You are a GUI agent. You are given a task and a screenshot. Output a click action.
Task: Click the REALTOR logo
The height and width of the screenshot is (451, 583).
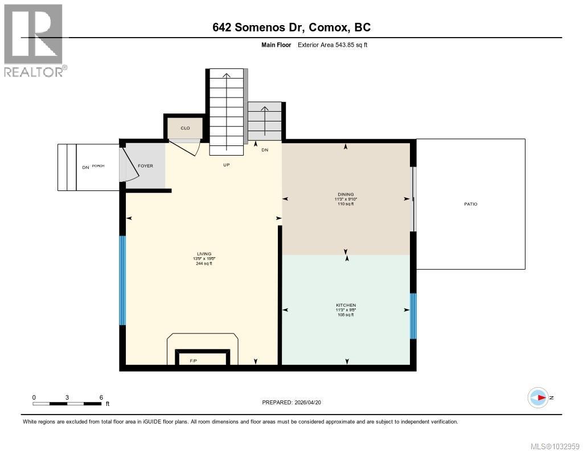pos(34,40)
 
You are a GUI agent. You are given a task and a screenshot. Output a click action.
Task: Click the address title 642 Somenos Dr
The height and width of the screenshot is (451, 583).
pos(291,27)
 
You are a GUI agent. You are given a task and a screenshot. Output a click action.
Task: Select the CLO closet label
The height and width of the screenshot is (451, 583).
pos(185,128)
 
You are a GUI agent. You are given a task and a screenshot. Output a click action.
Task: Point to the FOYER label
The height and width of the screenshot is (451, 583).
pos(145,166)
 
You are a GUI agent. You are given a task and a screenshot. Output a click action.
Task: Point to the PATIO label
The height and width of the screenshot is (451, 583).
pos(470,204)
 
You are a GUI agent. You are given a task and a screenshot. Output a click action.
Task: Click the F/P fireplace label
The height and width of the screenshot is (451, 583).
pos(194,360)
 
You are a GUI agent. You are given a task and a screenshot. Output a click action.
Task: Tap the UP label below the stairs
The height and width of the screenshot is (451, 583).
pos(226,165)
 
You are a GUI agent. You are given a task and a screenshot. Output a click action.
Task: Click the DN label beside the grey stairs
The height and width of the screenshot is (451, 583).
pos(265,150)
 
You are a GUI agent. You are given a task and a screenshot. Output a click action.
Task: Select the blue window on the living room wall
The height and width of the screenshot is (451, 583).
pos(122,280)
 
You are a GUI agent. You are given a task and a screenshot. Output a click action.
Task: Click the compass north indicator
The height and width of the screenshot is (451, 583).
pos(538,397)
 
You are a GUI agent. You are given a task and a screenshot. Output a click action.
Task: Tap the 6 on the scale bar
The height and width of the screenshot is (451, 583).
pos(101,397)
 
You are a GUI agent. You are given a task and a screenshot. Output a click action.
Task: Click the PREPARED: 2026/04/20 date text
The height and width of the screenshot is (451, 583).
pos(291,402)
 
